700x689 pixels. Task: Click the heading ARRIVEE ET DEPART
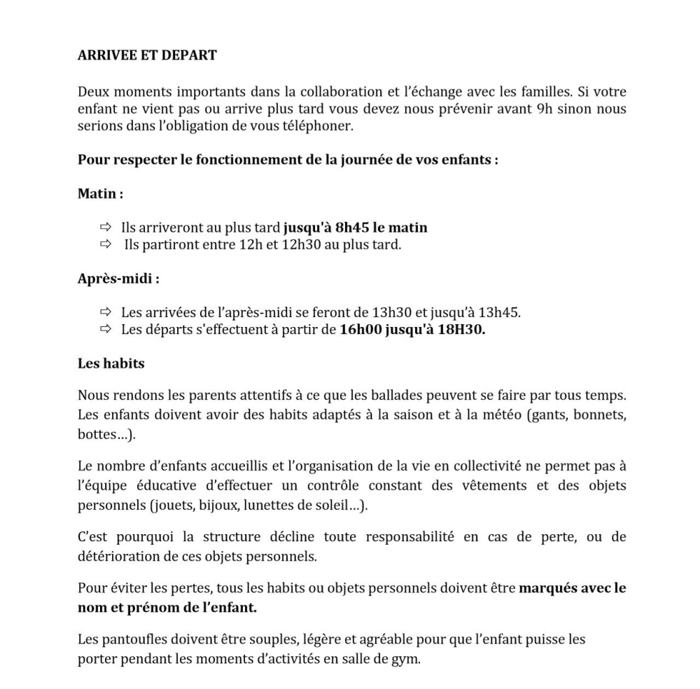coord(147,55)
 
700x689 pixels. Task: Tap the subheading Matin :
coord(100,193)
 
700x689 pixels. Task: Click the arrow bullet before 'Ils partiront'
coord(106,244)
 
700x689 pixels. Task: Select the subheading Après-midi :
coord(118,278)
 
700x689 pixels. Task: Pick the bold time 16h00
coord(360,329)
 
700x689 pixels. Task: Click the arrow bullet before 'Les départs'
coord(106,329)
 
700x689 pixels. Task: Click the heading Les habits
coord(111,363)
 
